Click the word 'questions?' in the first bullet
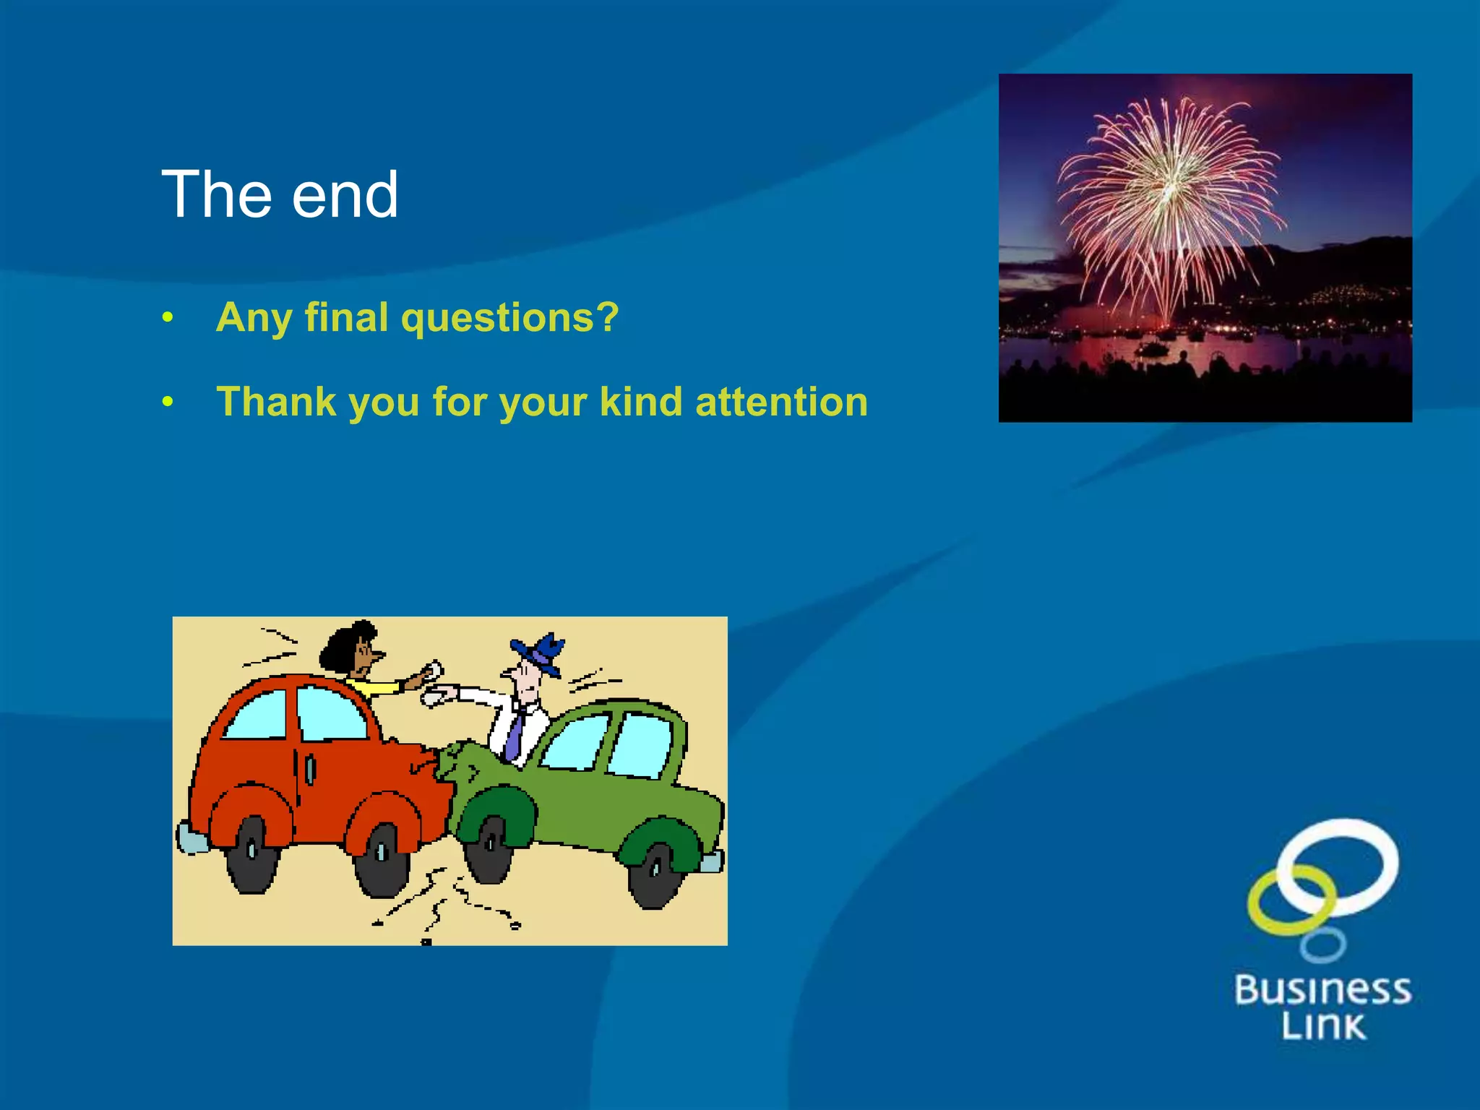pyautogui.click(x=509, y=318)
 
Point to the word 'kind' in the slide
pyautogui.click(x=640, y=402)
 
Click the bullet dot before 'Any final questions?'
pyautogui.click(x=168, y=317)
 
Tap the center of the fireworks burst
pyautogui.click(x=1169, y=189)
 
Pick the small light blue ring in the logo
pyautogui.click(x=1322, y=945)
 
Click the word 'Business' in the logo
pyautogui.click(x=1322, y=991)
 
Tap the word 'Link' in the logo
pyautogui.click(x=1322, y=1026)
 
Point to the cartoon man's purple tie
pyautogui.click(x=515, y=733)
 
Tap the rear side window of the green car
pyautogui.click(x=641, y=747)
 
